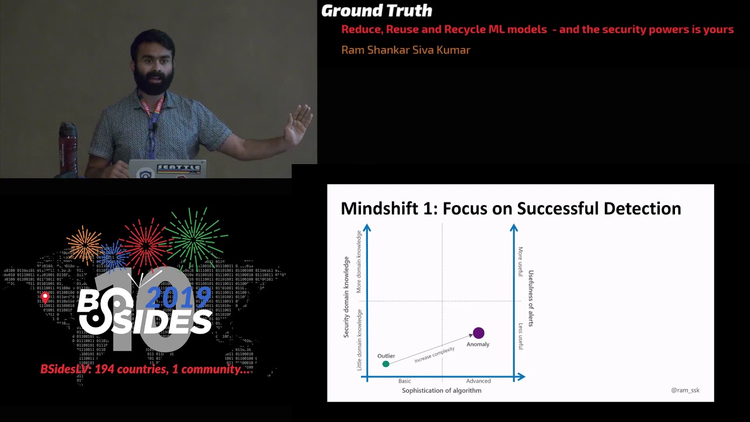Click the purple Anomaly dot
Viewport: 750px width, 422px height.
pos(479,333)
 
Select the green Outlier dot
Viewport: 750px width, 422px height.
pos(386,364)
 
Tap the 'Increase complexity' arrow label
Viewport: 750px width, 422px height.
pos(434,355)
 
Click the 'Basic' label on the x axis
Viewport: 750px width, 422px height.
pos(405,381)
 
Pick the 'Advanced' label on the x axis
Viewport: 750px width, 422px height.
pos(478,381)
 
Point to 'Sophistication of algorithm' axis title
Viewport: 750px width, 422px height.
pos(441,390)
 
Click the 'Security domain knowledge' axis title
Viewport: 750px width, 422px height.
pos(346,297)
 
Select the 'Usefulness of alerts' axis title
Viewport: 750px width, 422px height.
pos(531,298)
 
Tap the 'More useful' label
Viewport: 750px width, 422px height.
pos(520,261)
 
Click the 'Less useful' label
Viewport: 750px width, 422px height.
pos(520,336)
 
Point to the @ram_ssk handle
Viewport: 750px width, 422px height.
pos(685,390)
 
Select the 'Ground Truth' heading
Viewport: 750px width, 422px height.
pos(376,11)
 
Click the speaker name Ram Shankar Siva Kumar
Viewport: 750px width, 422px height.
pos(405,50)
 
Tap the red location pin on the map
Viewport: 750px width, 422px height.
pos(45,298)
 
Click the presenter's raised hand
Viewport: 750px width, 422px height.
pos(299,124)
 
